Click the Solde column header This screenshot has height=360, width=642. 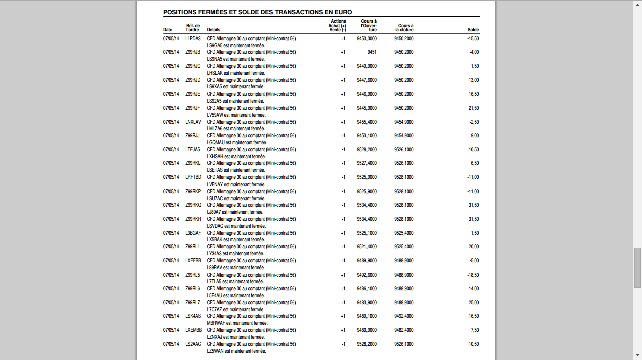(473, 30)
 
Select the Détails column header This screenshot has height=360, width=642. (213, 30)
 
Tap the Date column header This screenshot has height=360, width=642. (168, 30)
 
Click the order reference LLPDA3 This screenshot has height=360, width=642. (193, 38)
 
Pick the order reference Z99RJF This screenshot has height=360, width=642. (193, 108)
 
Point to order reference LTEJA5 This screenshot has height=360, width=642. (193, 150)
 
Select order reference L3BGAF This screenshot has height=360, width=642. (193, 233)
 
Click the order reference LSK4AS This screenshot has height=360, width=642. (193, 316)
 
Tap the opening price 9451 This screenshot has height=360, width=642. (372, 52)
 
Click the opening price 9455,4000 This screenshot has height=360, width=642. (366, 122)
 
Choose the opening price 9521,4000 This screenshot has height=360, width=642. (366, 247)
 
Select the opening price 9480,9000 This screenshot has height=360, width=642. (366, 330)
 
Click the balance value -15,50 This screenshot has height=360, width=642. (473, 38)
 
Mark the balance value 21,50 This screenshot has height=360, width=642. (474, 108)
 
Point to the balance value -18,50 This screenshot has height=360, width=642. (473, 275)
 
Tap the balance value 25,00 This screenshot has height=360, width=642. (474, 303)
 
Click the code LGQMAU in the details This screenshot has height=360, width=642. (215, 143)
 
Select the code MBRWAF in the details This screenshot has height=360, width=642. (216, 323)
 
